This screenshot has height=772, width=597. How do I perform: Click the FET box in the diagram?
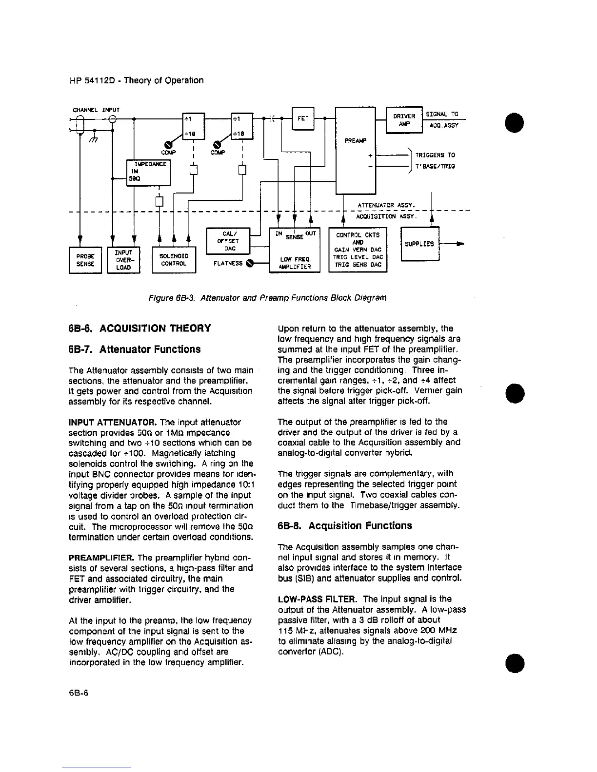(x=303, y=118)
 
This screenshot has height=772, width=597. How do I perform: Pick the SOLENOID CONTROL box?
(x=174, y=260)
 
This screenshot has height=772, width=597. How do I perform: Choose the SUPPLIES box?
(x=420, y=244)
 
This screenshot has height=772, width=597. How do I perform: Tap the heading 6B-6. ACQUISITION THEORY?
(x=140, y=328)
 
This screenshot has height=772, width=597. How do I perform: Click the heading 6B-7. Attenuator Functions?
(x=134, y=349)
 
